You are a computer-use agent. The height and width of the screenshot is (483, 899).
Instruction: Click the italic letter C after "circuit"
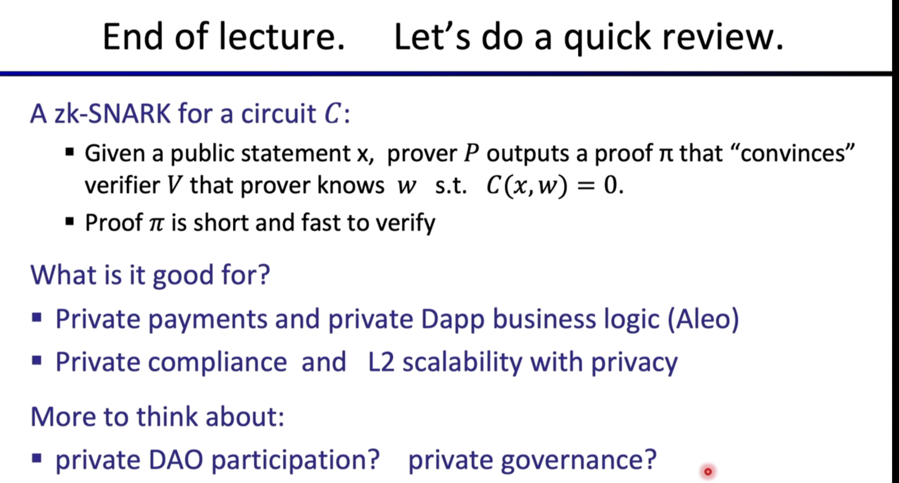tap(332, 114)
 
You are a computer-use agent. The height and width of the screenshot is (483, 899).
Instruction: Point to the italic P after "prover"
tap(471, 153)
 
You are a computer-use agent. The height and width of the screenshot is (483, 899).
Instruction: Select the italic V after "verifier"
tap(173, 186)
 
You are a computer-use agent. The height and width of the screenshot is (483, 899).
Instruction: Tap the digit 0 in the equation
tap(610, 186)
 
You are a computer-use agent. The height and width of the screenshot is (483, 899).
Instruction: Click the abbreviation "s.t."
tap(451, 186)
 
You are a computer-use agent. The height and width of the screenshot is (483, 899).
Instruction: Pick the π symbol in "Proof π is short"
tap(156, 224)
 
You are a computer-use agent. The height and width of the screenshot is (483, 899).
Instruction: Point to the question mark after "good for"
tap(263, 274)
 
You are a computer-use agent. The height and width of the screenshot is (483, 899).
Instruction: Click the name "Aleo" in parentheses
tap(703, 319)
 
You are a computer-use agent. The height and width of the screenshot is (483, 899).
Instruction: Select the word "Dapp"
tap(453, 320)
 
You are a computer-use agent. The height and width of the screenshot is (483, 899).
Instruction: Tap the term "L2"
tap(381, 361)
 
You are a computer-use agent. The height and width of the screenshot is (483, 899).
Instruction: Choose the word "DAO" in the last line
tap(175, 460)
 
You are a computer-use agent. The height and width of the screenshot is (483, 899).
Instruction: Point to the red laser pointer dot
tap(708, 472)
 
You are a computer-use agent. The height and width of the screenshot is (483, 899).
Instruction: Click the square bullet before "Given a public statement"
tap(69, 153)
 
